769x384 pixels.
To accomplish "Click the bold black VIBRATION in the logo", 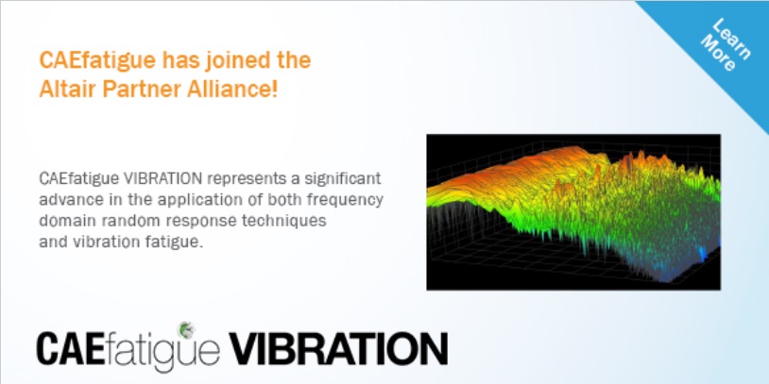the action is click(x=338, y=349).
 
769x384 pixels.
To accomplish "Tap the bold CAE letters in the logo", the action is click(x=71, y=349).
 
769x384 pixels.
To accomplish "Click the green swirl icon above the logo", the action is click(x=186, y=329).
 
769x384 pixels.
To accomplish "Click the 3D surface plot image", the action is click(x=573, y=212).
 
